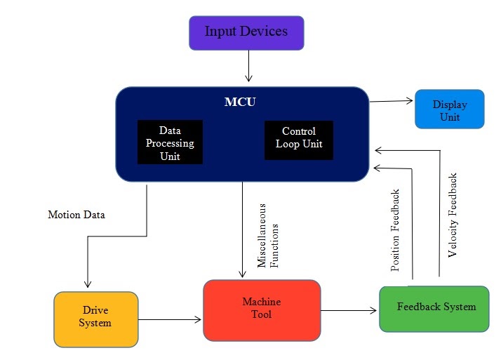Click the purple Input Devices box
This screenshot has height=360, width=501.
[x=246, y=33]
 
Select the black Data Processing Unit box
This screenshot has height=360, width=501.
[x=170, y=142]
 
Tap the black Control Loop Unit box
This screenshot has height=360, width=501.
[x=298, y=140]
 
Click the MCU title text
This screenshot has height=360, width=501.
[x=240, y=102]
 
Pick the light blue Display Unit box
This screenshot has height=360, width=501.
[x=449, y=109]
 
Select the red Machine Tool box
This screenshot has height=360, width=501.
[x=262, y=309]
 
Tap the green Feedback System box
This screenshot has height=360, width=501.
[x=434, y=308]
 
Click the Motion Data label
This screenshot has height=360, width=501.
[x=76, y=215]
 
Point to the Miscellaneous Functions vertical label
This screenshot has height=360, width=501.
[x=269, y=236]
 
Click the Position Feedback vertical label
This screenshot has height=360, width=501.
[x=396, y=230]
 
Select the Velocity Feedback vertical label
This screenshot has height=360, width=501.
[x=453, y=215]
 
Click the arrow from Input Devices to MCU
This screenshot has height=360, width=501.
[x=248, y=67]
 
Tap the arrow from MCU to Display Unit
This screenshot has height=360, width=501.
[x=392, y=101]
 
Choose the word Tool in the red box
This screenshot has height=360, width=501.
[x=262, y=314]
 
